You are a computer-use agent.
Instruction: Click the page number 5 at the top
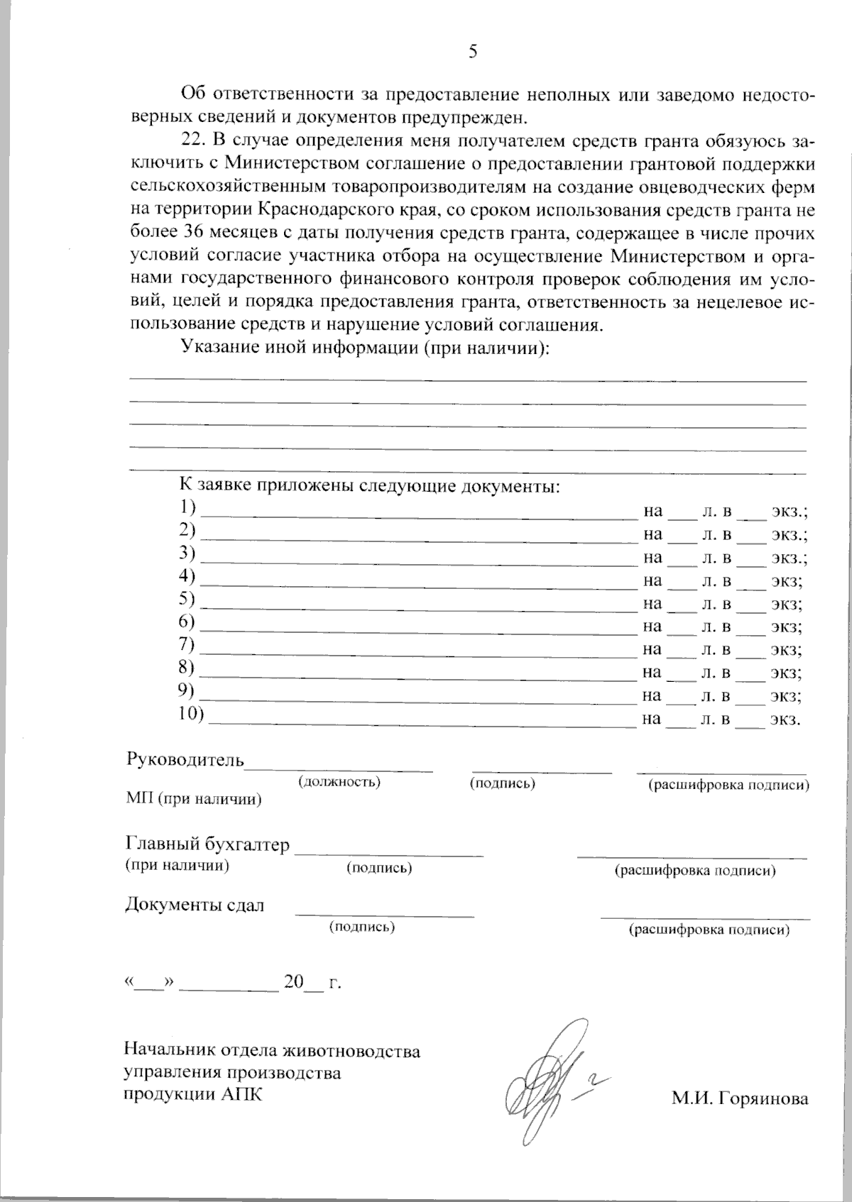(473, 51)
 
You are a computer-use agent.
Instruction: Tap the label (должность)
(339, 781)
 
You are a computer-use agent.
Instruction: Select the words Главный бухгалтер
(208, 844)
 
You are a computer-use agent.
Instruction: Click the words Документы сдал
(195, 905)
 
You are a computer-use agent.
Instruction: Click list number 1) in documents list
(187, 508)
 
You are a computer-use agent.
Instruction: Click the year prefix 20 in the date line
(293, 983)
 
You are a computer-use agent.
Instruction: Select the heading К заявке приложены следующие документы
(369, 486)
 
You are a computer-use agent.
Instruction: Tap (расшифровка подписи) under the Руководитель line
(728, 785)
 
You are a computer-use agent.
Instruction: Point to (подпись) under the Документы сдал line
(362, 927)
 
